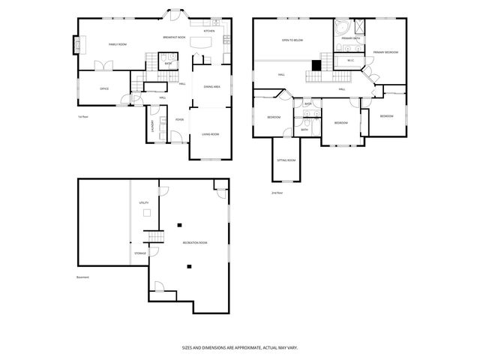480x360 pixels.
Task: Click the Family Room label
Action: pyautogui.click(x=117, y=45)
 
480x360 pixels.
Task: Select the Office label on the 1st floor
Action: pyautogui.click(x=104, y=88)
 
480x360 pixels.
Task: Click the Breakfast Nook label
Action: pyautogui.click(x=174, y=37)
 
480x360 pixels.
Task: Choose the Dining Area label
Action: pyautogui.click(x=211, y=87)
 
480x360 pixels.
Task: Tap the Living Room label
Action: pyautogui.click(x=210, y=134)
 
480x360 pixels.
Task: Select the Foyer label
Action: pyautogui.click(x=179, y=120)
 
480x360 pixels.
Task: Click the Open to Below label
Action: pyautogui.click(x=292, y=40)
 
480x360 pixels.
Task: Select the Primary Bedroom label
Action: pyautogui.click(x=385, y=52)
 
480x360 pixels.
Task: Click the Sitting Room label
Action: pyautogui.click(x=286, y=160)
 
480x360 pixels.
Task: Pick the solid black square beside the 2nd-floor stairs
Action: pyautogui.click(x=316, y=64)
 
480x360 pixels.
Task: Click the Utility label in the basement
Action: pyautogui.click(x=143, y=202)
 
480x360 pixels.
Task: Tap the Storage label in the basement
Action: pyautogui.click(x=140, y=253)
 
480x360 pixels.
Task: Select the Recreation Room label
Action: pyautogui.click(x=194, y=243)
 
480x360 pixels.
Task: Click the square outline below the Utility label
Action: pyautogui.click(x=148, y=213)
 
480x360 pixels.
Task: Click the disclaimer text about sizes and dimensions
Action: pyautogui.click(x=239, y=347)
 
